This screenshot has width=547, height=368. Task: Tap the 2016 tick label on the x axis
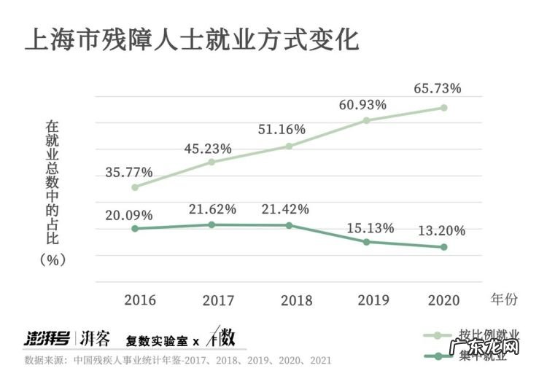coord(140,300)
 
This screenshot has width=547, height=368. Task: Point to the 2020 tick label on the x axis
coord(444,300)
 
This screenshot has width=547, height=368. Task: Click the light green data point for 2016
coord(135,187)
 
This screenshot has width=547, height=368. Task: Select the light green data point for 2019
coord(367,120)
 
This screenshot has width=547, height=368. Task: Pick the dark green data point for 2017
coord(212,224)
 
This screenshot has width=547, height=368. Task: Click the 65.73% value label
coord(437,88)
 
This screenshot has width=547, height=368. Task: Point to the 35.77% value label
coord(128,173)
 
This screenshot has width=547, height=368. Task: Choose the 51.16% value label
coord(282,130)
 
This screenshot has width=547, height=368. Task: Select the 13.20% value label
coord(441,231)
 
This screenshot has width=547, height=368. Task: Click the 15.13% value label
coord(369,226)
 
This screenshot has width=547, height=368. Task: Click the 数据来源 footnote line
coord(179,360)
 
